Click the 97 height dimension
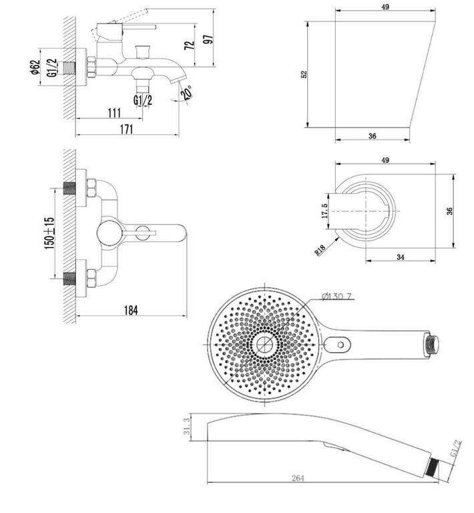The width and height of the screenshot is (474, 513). [210, 38]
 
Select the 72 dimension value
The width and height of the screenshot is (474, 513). [190, 45]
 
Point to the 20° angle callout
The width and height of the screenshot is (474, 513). [187, 92]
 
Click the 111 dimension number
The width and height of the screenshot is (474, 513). [114, 113]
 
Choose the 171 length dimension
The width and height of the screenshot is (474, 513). [126, 129]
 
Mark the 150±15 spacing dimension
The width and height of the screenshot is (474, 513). [49, 233]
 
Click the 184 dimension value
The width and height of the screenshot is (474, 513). [131, 310]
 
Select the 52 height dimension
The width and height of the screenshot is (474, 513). [304, 74]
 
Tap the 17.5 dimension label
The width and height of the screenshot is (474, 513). [324, 211]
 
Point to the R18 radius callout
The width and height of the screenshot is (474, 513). [320, 250]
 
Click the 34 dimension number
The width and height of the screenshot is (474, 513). [401, 257]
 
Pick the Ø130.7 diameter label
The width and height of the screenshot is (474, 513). [336, 297]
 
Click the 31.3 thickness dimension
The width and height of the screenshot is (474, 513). [187, 427]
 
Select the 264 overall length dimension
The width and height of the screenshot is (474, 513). [298, 478]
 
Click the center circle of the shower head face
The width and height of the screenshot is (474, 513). [264, 345]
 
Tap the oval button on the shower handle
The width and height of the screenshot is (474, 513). [337, 345]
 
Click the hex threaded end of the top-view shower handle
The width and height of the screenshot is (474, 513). [431, 345]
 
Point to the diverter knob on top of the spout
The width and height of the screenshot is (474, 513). [143, 51]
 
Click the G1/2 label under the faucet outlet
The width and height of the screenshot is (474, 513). [143, 100]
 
